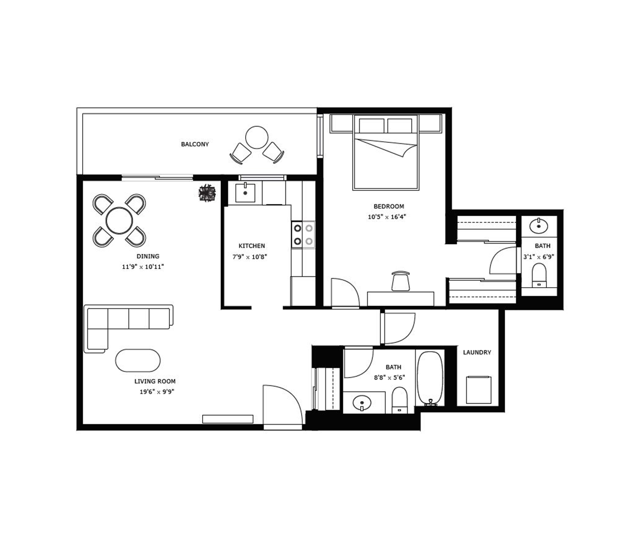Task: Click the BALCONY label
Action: pos(195,144)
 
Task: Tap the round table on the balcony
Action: pos(257,137)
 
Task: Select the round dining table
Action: pos(119,220)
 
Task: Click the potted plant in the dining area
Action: pos(207,192)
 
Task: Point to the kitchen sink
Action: pos(245,193)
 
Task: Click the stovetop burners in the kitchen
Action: pos(303,235)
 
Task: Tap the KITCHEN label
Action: pos(252,246)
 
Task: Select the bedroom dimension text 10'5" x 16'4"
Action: pos(387,217)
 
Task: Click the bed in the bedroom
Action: pos(386,152)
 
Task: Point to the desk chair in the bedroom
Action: pos(401,281)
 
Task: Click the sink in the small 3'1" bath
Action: pos(539,226)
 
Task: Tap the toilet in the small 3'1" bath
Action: pos(539,276)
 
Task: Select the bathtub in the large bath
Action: pos(430,379)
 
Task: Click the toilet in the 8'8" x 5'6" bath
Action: pos(399,400)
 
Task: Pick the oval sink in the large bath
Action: pos(362,403)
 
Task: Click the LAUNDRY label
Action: pos(477,353)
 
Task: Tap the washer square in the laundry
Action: pos(479,390)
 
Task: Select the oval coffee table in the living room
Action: pos(138,361)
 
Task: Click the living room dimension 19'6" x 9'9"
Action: pos(157,392)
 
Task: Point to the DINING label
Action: pos(148,256)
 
